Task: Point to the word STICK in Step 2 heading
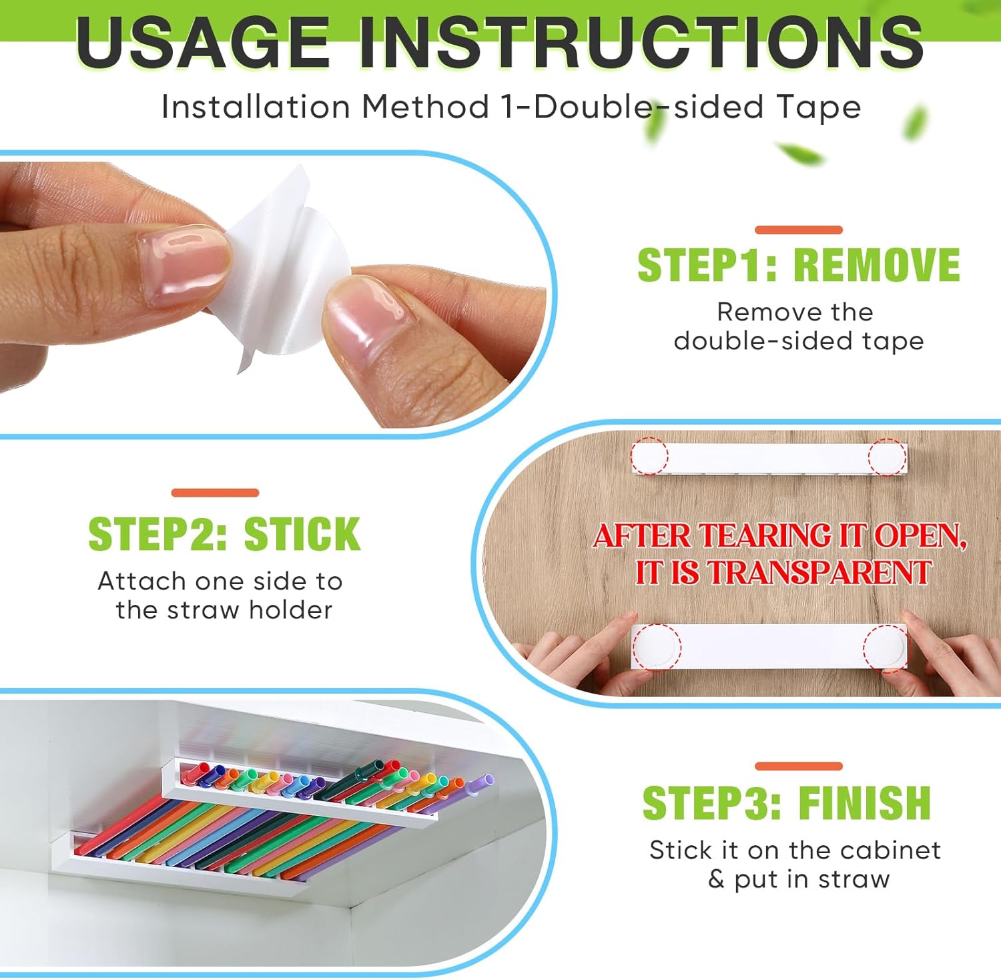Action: (302, 534)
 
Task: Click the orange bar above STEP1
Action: (798, 230)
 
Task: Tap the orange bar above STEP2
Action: (215, 493)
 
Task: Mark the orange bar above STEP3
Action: (798, 766)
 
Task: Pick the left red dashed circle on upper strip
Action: (649, 457)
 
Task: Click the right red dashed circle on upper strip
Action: (887, 457)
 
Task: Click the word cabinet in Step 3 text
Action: (890, 850)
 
